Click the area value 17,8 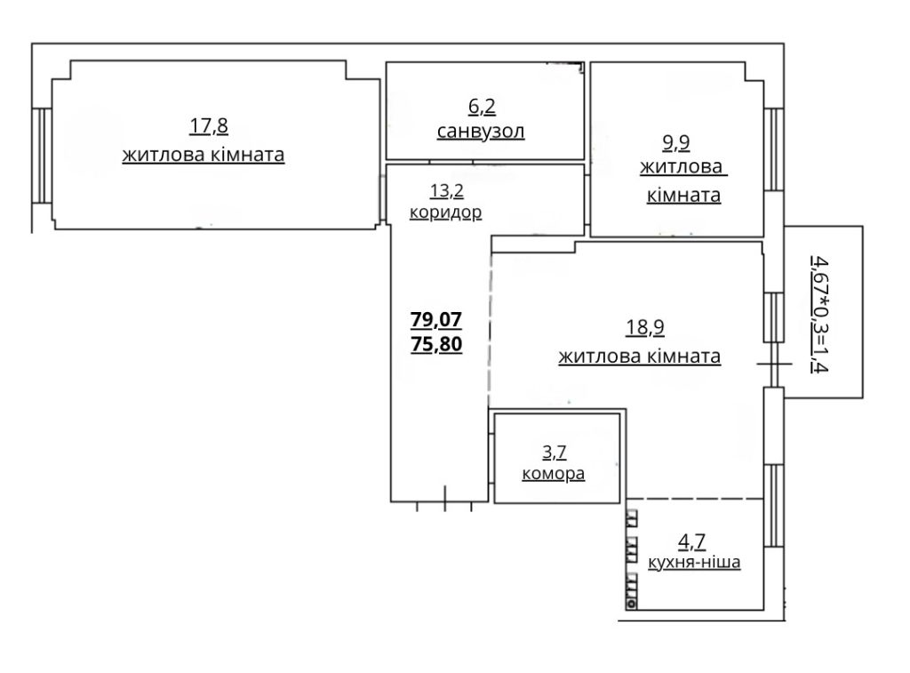point(209,126)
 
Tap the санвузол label point(481,132)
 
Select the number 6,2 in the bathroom point(482,107)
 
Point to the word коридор point(446,212)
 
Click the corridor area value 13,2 point(447,190)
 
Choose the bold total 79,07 point(436,319)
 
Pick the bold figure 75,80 point(436,344)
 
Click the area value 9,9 point(676,142)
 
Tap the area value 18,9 point(645,327)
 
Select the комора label point(554,474)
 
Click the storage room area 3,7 point(555,452)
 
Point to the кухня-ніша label point(694,562)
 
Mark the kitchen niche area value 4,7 point(691,541)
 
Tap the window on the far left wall point(42,156)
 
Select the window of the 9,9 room point(774,150)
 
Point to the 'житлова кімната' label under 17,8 point(204,156)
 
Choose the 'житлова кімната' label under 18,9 point(640,356)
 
